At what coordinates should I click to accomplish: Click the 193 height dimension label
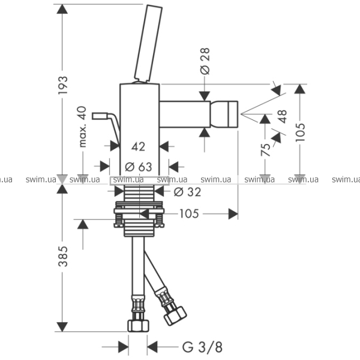62,85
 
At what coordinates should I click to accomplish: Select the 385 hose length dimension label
62,256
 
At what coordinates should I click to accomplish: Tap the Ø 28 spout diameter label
205,61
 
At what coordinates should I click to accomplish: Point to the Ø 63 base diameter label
139,167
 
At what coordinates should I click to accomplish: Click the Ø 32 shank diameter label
187,192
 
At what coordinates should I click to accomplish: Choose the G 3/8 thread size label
203,347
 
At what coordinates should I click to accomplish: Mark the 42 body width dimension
138,146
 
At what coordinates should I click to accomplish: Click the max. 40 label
82,127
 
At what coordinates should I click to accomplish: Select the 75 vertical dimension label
265,149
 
